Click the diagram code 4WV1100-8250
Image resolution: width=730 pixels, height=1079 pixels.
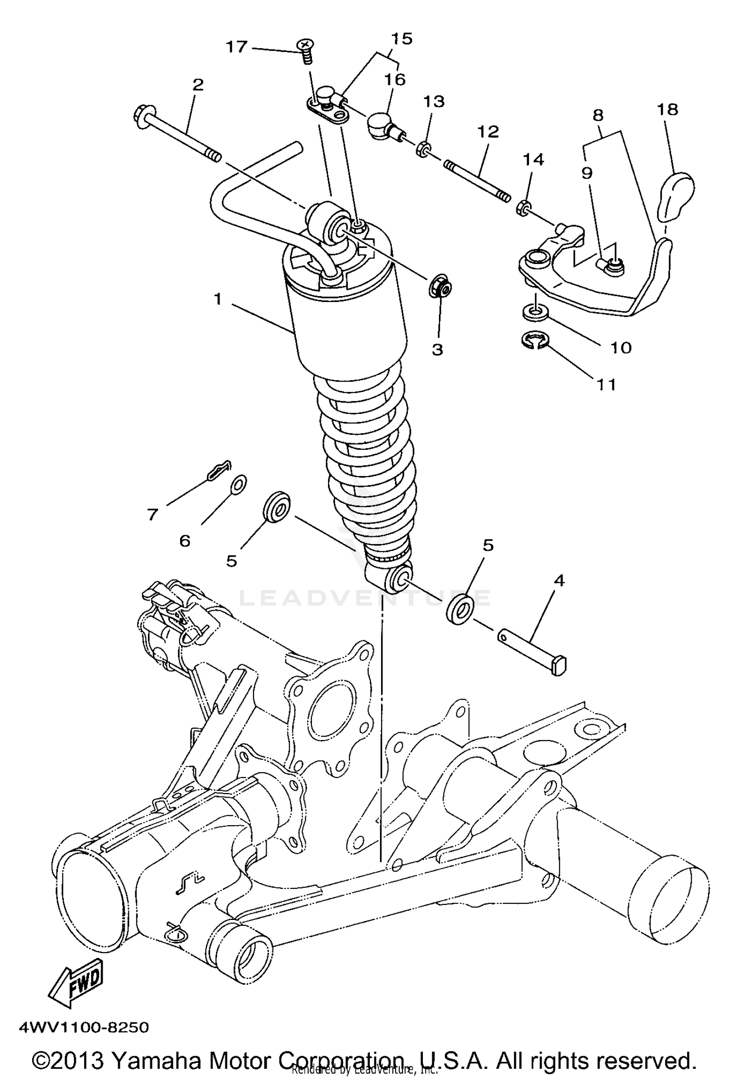tap(83, 1027)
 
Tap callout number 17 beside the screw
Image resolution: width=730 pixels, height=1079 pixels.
tap(237, 48)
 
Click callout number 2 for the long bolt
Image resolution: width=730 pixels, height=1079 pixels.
tap(198, 85)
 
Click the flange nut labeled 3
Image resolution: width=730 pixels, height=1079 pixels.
tap(441, 287)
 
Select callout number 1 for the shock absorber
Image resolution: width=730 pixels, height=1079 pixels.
tap(218, 300)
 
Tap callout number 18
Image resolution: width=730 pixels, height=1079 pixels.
tap(668, 110)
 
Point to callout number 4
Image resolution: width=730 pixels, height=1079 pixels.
tap(559, 581)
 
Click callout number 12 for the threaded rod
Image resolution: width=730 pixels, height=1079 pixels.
tap(488, 132)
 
